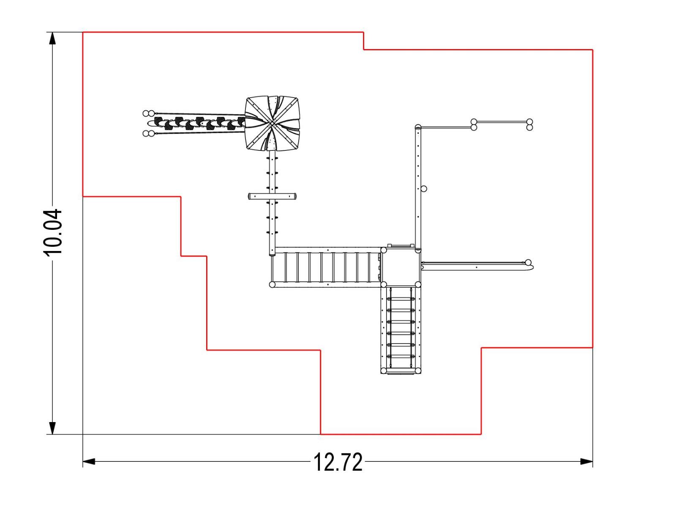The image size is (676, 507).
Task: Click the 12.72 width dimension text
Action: pos(338,462)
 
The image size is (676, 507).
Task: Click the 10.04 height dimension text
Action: pos(53,232)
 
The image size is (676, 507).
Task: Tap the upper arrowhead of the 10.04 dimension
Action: pos(53,38)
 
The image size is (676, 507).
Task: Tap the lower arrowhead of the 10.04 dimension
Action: pos(53,428)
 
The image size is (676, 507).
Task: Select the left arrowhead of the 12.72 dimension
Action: pos(89,462)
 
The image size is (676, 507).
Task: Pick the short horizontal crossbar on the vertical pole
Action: pos(272,196)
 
